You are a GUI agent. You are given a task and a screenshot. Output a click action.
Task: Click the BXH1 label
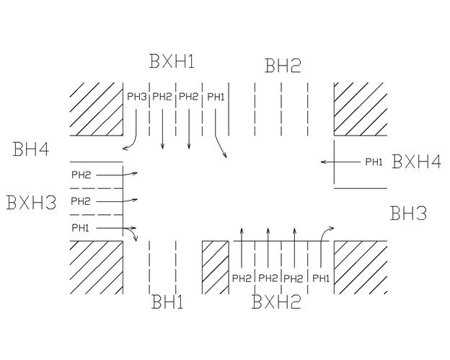[x=172, y=61]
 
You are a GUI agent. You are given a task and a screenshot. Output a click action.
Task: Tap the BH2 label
[x=283, y=67]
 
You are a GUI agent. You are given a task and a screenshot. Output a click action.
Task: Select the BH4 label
[x=31, y=151]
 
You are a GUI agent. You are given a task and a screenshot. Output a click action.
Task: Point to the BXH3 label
[x=31, y=203]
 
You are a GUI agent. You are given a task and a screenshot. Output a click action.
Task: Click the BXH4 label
[x=416, y=162]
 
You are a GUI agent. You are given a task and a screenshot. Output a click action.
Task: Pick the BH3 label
[x=408, y=214]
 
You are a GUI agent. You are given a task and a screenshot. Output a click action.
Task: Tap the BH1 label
[x=167, y=302]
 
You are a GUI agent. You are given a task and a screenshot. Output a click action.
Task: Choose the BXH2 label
[x=276, y=302]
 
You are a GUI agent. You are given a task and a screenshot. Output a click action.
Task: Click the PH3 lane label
[x=137, y=96]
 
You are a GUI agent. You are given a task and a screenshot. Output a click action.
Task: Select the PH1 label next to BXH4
[x=374, y=162]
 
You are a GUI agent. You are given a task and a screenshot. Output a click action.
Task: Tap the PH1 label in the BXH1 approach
[x=216, y=96]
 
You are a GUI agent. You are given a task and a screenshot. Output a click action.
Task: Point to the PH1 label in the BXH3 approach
[x=81, y=227]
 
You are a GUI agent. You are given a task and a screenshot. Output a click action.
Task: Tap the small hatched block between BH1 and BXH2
[x=214, y=268]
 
